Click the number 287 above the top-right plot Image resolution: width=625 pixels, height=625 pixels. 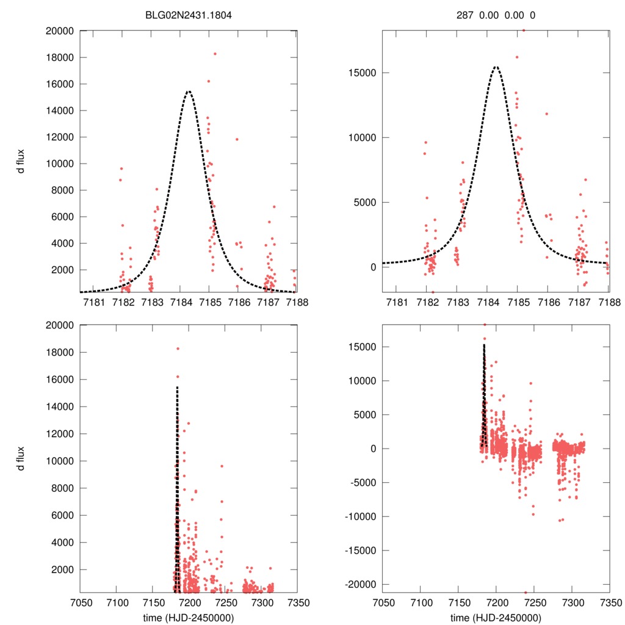click(x=464, y=15)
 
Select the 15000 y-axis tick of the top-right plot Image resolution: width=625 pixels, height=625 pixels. click(x=362, y=73)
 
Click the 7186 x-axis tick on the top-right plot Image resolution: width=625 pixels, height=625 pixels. click(x=547, y=303)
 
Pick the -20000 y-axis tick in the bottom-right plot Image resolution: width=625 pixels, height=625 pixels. click(x=358, y=584)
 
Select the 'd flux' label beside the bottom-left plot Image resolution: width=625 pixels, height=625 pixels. click(x=21, y=458)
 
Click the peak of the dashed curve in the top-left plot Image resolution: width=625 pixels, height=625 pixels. click(x=188, y=92)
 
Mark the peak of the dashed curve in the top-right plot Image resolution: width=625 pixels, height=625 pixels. click(x=496, y=67)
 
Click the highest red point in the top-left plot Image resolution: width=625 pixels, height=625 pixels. click(x=215, y=54)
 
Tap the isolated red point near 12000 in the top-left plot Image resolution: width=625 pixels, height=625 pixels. click(x=237, y=139)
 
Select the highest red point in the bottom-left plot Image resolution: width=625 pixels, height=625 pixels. click(x=178, y=349)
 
